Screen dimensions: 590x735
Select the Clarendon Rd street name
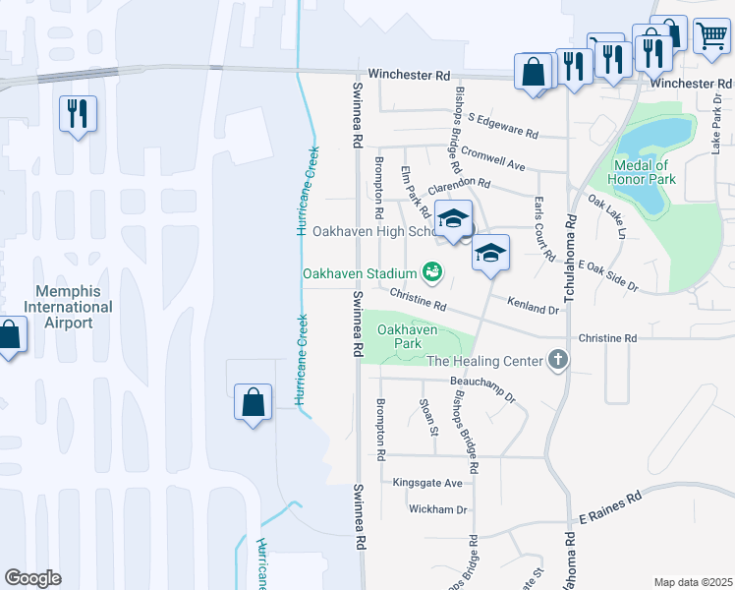(458, 183)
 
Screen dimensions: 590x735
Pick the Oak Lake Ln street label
(606, 215)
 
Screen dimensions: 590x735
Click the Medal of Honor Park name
(644, 172)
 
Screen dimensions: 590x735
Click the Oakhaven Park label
(407, 336)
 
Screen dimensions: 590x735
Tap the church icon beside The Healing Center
(559, 360)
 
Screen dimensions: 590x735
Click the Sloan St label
(428, 416)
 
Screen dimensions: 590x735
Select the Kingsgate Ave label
(426, 483)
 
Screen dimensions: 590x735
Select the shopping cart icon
(710, 36)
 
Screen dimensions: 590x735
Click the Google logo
(33, 578)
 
